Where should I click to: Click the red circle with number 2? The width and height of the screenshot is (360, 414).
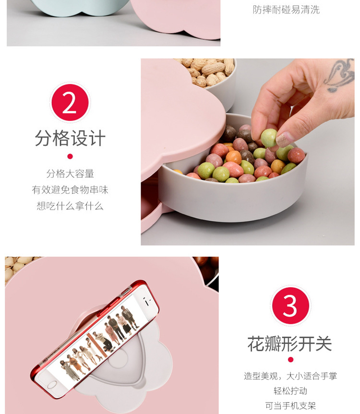70,103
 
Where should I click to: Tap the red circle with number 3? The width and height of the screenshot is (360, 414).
290,306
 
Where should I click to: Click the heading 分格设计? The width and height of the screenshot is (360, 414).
70,138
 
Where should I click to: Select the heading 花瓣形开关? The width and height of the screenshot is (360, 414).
290,344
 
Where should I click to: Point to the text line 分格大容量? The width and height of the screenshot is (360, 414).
70,174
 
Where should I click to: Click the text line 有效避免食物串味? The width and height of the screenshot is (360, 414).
70,190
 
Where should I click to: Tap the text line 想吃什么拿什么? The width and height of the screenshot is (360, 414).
70,206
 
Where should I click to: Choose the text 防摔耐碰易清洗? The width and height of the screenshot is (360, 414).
286,10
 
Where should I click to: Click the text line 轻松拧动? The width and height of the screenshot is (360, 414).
290,391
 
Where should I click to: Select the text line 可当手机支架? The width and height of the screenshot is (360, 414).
290,405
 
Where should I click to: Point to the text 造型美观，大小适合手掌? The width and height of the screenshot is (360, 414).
290,376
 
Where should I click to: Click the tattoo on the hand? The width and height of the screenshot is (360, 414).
340,75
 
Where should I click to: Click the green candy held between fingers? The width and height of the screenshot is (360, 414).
269,138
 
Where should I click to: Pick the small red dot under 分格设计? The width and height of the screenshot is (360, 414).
70,156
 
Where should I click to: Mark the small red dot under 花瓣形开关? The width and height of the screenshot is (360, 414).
290,360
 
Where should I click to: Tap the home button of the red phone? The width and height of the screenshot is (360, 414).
52,385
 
